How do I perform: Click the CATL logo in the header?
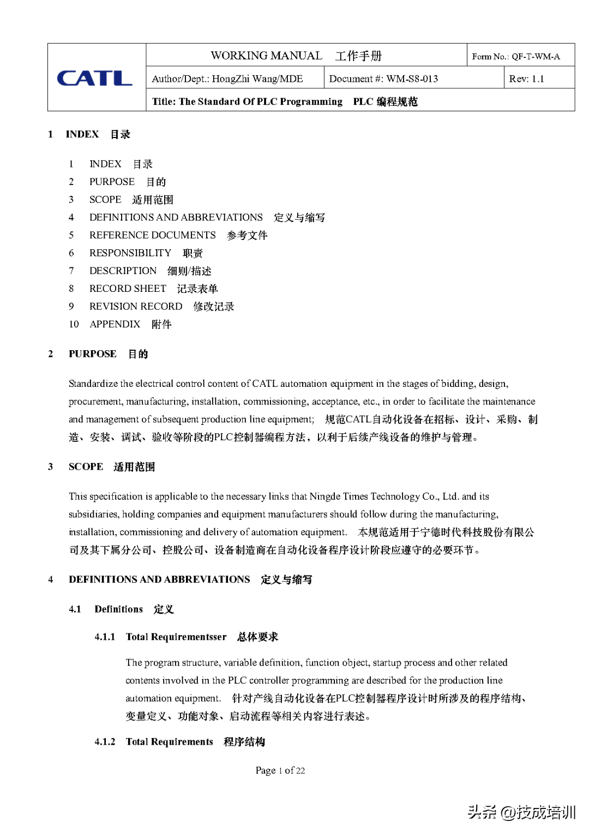94,78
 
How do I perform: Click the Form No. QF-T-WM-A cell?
516,56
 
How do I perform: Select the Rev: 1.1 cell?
526,79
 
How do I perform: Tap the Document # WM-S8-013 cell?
383,79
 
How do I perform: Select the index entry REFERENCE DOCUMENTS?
153,235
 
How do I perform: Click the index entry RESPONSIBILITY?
130,253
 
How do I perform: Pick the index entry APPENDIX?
115,324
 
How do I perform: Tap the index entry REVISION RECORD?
136,307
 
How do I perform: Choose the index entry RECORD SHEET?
128,289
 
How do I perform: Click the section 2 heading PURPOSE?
93,354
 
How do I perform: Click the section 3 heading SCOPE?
86,467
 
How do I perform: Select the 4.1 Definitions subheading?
118,609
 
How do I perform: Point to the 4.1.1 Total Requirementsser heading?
176,637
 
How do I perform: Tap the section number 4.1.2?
105,742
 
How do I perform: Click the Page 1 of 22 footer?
280,770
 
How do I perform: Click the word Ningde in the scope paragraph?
323,496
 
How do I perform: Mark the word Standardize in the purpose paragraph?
93,383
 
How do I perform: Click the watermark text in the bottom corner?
521,812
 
